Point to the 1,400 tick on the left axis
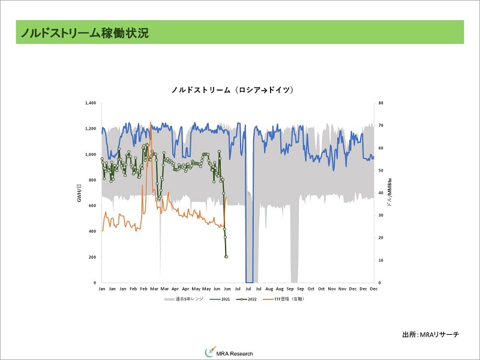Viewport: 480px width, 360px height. pos(91,103)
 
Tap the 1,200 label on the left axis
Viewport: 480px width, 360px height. pos(91,129)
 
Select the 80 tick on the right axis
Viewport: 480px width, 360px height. pos(380,103)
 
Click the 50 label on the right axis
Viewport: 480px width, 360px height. pos(380,170)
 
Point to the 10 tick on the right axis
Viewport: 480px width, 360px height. pos(380,260)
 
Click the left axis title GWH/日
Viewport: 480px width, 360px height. pos(79,192)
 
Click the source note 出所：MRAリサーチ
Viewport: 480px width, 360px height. pos(430,334)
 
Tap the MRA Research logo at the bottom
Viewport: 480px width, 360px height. pos(229,353)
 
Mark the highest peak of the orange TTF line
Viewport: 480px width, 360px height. pos(150,122)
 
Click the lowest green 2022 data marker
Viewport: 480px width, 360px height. pos(226,257)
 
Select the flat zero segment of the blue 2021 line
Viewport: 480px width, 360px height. pos(249,282)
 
